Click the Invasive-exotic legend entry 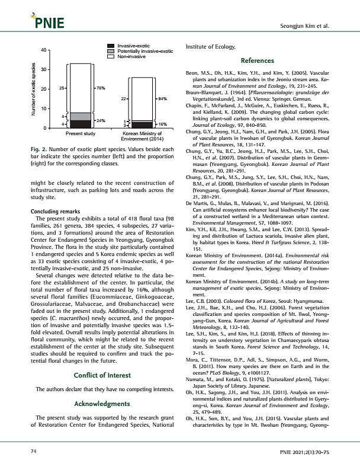coord(133,46)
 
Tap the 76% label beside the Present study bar coord(101,88)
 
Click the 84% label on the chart coord(162,98)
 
